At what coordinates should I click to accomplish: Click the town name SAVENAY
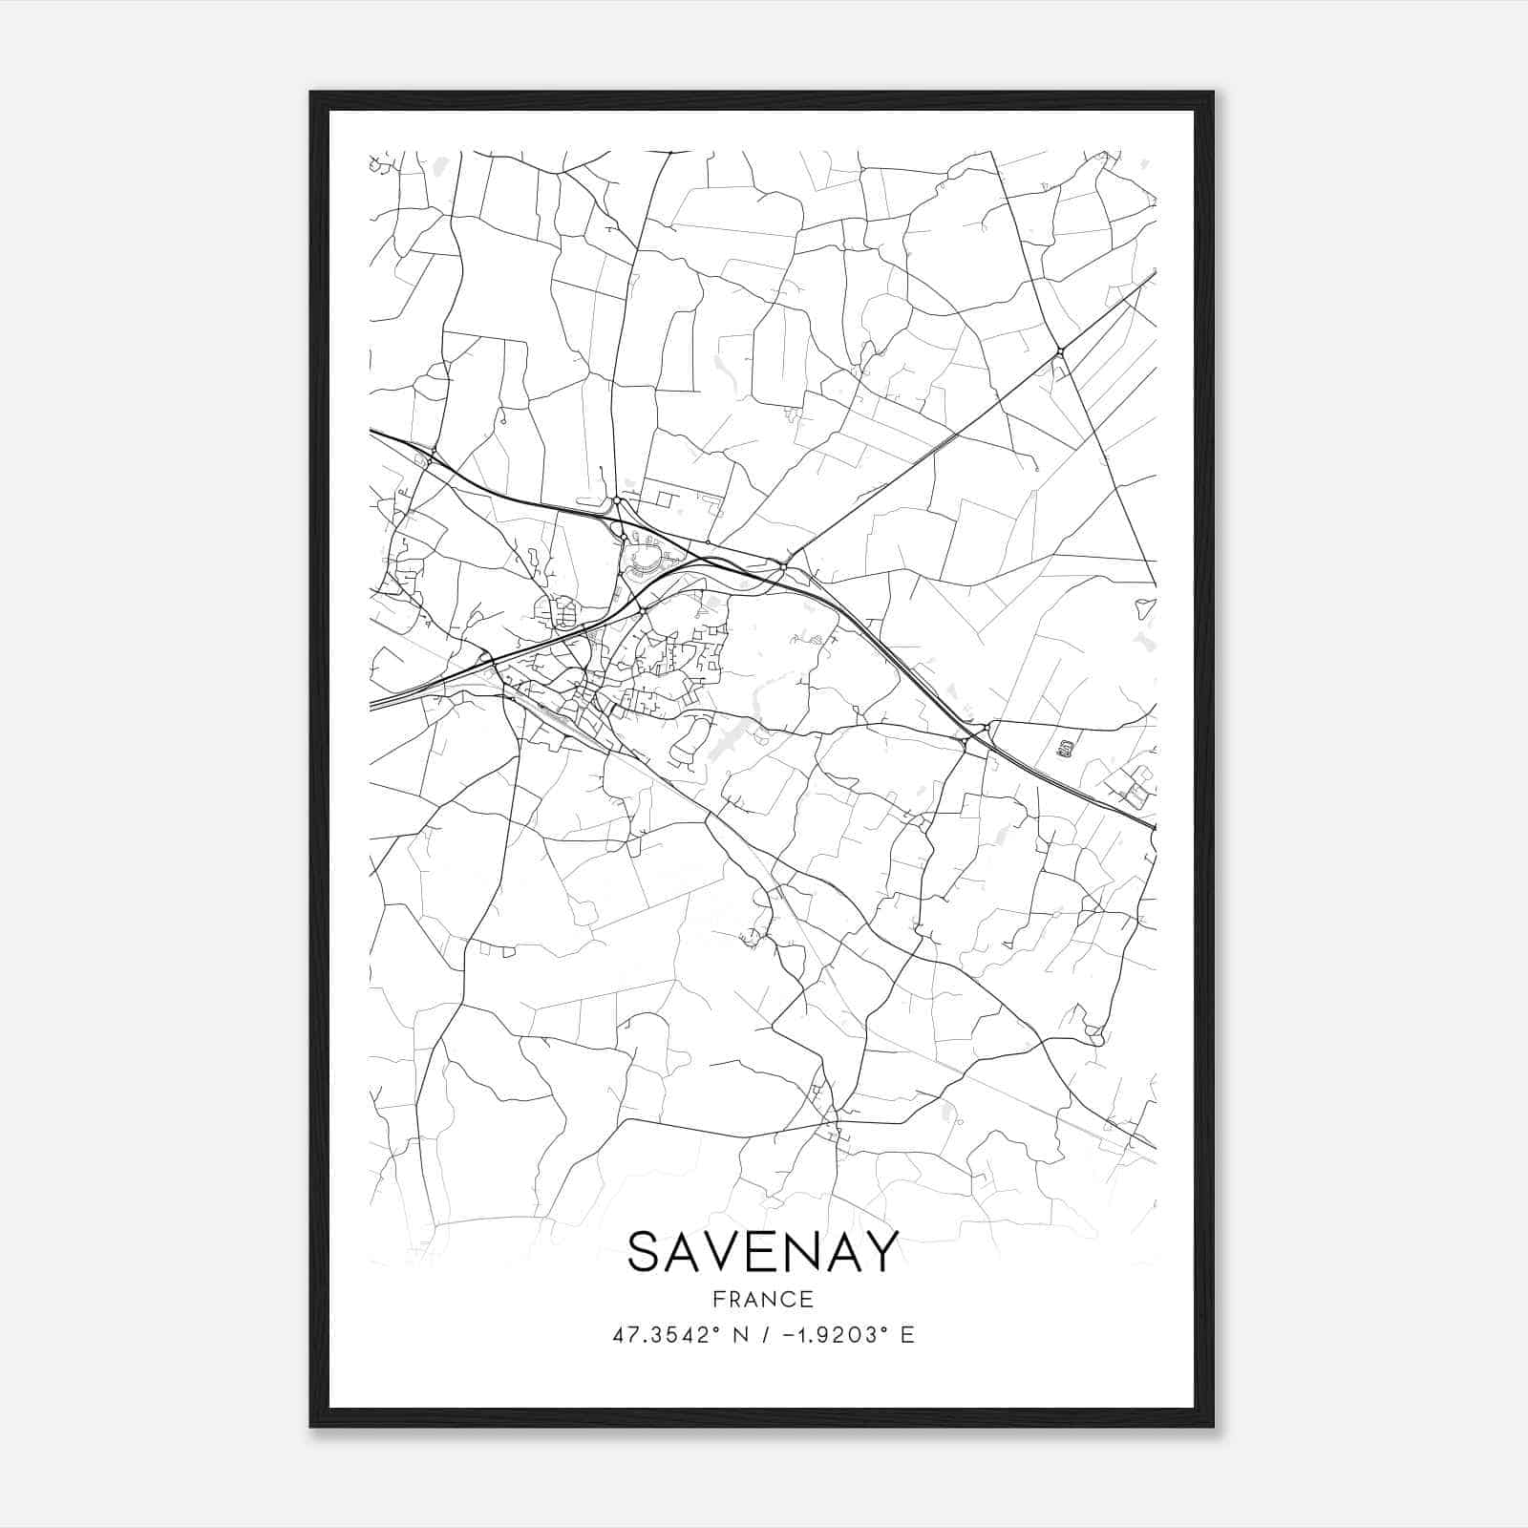click(763, 1251)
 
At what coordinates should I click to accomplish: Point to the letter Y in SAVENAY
click(883, 1251)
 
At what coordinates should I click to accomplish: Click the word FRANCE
click(762, 1299)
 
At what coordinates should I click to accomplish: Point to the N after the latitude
click(740, 1334)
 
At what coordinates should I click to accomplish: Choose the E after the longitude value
click(907, 1334)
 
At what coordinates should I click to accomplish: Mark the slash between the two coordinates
click(765, 1334)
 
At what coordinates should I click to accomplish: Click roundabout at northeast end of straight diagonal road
click(1060, 353)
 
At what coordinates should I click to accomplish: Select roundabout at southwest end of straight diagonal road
click(783, 566)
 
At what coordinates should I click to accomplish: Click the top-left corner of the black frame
click(311, 93)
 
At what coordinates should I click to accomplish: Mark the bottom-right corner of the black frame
click(1213, 1427)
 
